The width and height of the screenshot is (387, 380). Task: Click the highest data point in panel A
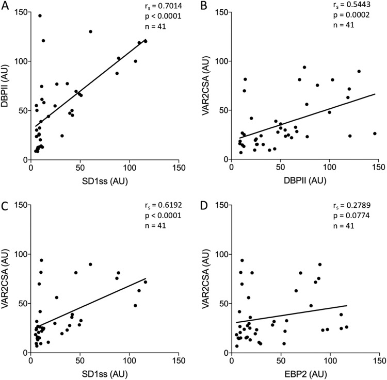[40, 15]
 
